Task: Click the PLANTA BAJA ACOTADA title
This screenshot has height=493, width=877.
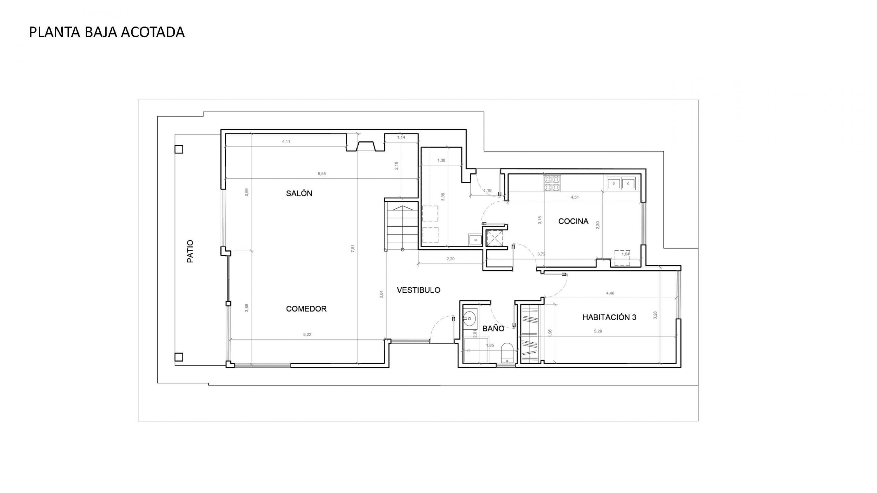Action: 107,32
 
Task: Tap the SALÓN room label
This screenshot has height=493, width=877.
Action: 299,193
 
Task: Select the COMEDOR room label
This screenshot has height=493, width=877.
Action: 306,309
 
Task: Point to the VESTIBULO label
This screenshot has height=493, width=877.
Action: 418,290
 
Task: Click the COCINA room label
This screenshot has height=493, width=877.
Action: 573,221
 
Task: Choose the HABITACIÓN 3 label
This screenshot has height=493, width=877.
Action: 609,317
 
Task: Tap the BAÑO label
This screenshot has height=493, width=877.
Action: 493,329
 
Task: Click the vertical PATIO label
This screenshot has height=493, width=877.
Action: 190,251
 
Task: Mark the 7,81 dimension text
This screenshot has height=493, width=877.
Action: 353,248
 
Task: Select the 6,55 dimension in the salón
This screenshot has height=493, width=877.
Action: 321,174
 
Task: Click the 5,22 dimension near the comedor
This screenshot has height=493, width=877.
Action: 307,334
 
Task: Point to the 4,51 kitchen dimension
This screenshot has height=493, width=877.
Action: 575,197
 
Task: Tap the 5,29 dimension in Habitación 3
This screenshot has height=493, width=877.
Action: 598,331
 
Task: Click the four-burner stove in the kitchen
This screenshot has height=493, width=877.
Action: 551,183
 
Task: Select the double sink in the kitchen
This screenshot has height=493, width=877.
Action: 621,183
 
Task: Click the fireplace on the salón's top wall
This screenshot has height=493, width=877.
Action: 366,146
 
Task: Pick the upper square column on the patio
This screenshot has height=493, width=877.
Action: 178,149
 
